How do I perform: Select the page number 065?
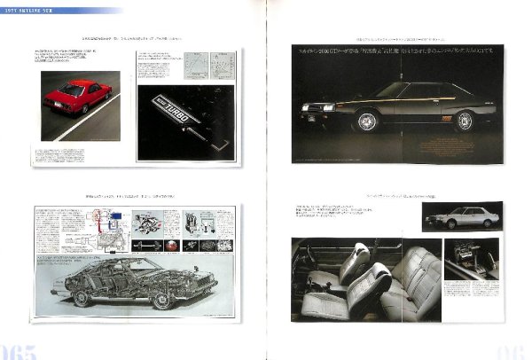[x=20, y=350]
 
